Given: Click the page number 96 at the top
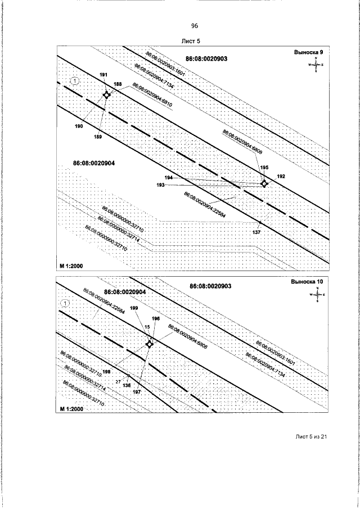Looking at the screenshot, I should click(195, 26).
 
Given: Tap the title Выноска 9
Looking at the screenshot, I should click(309, 52).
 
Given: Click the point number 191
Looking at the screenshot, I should click(103, 75).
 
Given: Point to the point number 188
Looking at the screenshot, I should click(118, 84).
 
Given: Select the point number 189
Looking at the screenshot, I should click(97, 137).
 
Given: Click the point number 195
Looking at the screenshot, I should click(264, 168).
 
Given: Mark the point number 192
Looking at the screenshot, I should click(281, 177).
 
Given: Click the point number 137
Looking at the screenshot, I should click(256, 232).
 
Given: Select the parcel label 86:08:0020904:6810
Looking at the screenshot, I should click(152, 95).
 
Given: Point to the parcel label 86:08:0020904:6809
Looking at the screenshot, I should click(242, 142).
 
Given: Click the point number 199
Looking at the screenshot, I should click(133, 308).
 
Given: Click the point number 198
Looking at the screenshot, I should click(106, 372).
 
